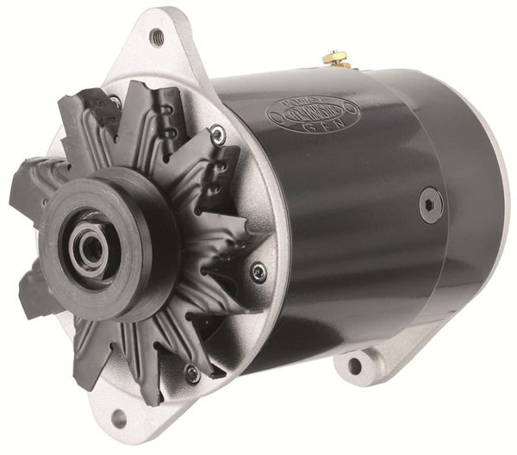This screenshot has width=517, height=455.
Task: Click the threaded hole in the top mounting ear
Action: point(156,36)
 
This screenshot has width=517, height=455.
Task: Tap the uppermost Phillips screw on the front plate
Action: point(218,134)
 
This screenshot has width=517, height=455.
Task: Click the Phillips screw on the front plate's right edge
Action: point(258,273)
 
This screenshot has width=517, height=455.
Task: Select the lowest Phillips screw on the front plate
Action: point(192,373)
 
